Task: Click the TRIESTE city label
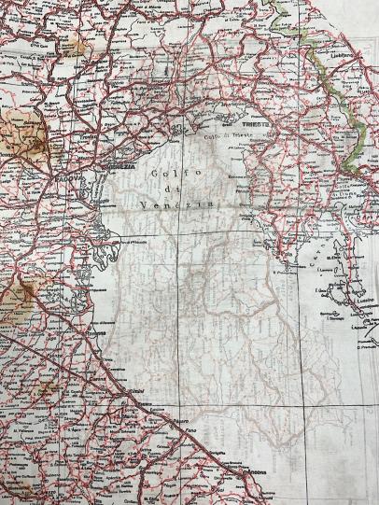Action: [x=252, y=124]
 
